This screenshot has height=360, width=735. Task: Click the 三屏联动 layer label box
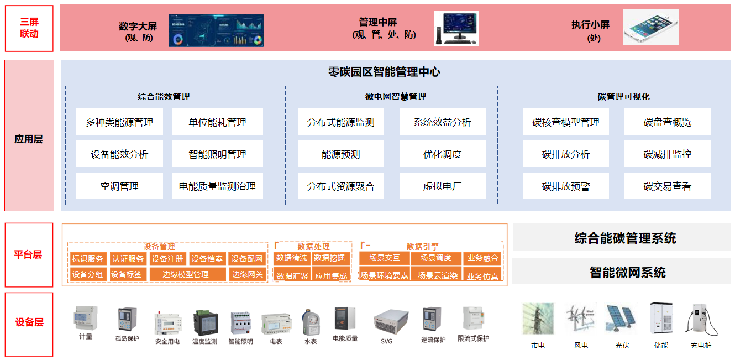pyautogui.click(x=29, y=28)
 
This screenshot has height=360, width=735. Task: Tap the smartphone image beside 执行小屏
pyautogui.click(x=650, y=27)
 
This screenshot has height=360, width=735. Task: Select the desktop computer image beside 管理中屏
pyautogui.click(x=456, y=28)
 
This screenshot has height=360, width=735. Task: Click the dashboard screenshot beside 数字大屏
pyautogui.click(x=216, y=30)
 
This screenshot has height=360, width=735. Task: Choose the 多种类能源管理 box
pyautogui.click(x=119, y=122)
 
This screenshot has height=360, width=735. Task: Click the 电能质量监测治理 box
pyautogui.click(x=217, y=186)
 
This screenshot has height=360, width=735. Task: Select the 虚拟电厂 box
pyautogui.click(x=442, y=186)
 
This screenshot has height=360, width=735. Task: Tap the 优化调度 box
pyautogui.click(x=442, y=154)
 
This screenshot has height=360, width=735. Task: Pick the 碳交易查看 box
pyautogui.click(x=667, y=186)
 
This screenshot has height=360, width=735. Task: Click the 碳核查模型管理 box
pyautogui.click(x=565, y=122)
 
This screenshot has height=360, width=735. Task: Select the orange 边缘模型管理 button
pyautogui.click(x=186, y=274)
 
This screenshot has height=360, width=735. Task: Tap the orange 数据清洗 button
pyautogui.click(x=292, y=258)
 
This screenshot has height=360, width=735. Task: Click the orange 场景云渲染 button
pyautogui.click(x=437, y=275)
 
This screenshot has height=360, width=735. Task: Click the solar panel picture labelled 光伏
pyautogui.click(x=622, y=319)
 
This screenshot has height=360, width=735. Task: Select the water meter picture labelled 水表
pyautogui.click(x=311, y=321)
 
